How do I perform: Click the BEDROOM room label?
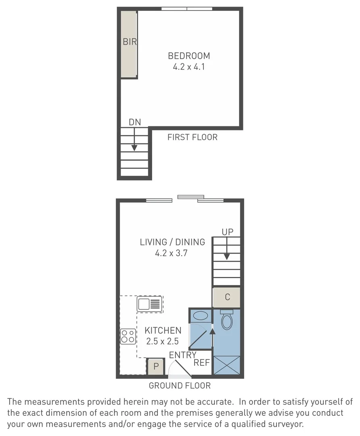point(189,56)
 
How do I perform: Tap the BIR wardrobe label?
point(130,42)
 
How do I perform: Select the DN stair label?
point(135,122)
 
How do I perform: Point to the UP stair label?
point(227,232)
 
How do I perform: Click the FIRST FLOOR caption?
point(192,137)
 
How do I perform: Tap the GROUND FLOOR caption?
point(180,386)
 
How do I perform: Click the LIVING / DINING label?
point(172,242)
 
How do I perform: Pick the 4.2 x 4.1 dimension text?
point(189,67)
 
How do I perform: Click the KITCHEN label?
point(163,331)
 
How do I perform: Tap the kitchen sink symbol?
point(150,304)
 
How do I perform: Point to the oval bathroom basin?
point(201,315)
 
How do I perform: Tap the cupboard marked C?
point(227,298)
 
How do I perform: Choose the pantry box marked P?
point(156,367)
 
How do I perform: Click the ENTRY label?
point(182,355)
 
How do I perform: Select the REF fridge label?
point(202,363)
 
